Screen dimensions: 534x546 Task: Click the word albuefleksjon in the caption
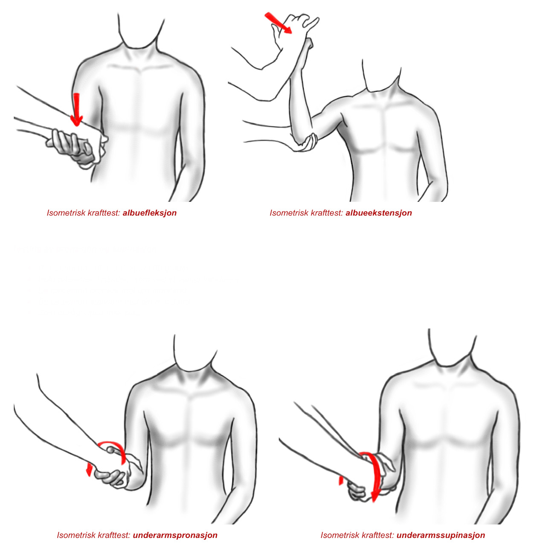tap(150, 213)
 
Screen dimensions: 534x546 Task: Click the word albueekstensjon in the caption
tap(379, 213)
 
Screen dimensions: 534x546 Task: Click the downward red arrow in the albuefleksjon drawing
tap(76, 110)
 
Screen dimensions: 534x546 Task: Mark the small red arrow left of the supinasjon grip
tap(341, 480)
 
